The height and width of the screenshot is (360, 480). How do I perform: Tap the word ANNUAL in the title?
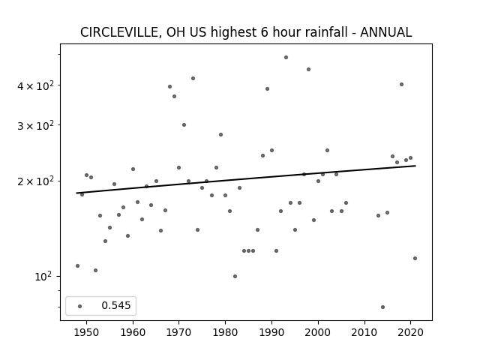386,32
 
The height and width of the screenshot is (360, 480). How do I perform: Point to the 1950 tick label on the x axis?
86,332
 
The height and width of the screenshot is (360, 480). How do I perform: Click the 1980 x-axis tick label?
225,332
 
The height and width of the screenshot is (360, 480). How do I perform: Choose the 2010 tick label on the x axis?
364,332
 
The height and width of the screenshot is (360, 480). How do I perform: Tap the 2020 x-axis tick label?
410,332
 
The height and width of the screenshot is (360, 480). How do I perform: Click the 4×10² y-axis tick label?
35,86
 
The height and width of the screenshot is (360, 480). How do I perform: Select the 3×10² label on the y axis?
35,125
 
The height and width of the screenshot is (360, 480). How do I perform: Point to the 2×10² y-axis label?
35,181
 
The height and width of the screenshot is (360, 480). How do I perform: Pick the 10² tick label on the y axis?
43,277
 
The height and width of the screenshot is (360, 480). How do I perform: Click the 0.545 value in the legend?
116,305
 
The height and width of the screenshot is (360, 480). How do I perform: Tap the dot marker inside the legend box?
80,306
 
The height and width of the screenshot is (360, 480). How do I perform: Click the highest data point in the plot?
286,57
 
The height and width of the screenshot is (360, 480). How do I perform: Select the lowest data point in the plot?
382,307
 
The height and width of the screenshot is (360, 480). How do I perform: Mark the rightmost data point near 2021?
415,258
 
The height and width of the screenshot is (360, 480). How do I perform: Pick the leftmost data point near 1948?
77,265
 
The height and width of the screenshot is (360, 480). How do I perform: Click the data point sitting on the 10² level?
235,277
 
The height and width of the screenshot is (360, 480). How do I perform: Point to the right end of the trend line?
415,166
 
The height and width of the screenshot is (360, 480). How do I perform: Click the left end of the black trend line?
76,193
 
